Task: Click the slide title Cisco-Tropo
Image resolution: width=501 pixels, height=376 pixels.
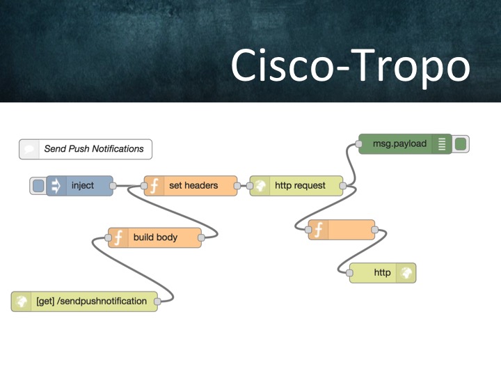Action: pyautogui.click(x=350, y=66)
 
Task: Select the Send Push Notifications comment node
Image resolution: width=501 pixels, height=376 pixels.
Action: pyautogui.click(x=86, y=149)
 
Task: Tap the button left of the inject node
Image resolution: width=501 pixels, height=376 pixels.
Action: pyautogui.click(x=38, y=186)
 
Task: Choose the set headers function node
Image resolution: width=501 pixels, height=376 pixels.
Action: pyautogui.click(x=192, y=186)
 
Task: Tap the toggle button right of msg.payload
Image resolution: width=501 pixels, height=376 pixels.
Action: pyautogui.click(x=460, y=144)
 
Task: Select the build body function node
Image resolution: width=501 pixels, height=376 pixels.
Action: pyautogui.click(x=155, y=237)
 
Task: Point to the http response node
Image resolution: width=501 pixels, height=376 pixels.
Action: pyautogui.click(x=383, y=273)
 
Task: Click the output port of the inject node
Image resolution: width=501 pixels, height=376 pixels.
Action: pyautogui.click(x=113, y=186)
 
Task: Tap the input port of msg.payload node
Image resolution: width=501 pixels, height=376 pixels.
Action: pyautogui.click(x=358, y=144)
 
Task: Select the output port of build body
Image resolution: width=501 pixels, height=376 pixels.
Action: pyautogui.click(x=201, y=237)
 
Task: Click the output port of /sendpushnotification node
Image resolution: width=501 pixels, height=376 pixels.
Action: pyautogui.click(x=157, y=301)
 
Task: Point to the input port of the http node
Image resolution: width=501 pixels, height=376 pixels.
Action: pyautogui.click(x=349, y=273)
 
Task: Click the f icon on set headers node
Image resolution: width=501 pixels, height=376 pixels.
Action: pyautogui.click(x=154, y=186)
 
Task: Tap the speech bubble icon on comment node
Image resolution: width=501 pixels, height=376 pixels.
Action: pyautogui.click(x=29, y=149)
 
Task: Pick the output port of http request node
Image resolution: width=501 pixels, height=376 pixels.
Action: pyautogui.click(x=343, y=186)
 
